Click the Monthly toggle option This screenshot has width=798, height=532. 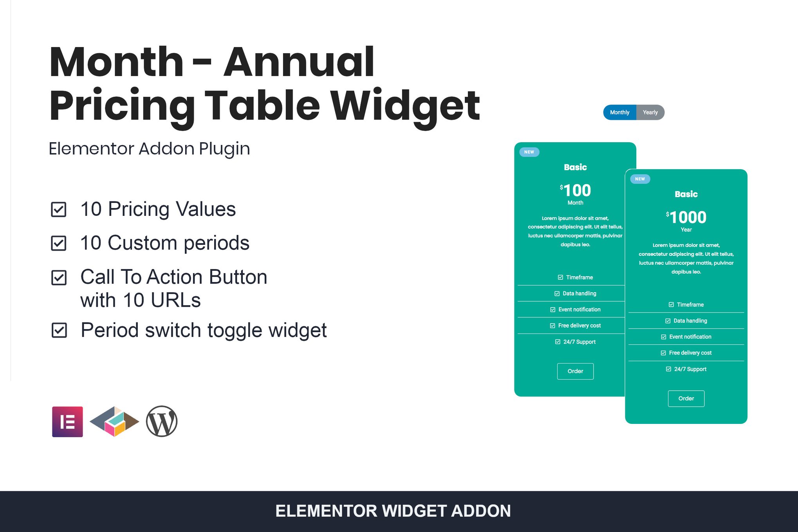[619, 112]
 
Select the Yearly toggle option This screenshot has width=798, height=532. [650, 112]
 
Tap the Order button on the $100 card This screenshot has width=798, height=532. [575, 371]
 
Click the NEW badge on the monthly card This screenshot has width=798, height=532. [529, 152]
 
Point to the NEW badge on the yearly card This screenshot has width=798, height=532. [640, 179]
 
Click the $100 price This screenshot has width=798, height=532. [575, 190]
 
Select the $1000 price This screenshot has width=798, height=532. [686, 217]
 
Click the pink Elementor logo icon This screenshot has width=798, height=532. [67, 422]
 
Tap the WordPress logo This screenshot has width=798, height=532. [162, 422]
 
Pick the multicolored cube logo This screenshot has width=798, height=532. [114, 422]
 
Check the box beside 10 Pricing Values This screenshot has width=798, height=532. [59, 209]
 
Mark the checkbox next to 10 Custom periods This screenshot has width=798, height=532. [59, 243]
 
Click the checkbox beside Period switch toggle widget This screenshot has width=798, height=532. [60, 330]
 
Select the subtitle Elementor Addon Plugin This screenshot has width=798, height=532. [149, 149]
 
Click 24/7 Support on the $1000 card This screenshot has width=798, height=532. [686, 369]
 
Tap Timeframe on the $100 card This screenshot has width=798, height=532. [576, 277]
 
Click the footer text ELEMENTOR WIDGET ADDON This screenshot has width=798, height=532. [393, 511]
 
